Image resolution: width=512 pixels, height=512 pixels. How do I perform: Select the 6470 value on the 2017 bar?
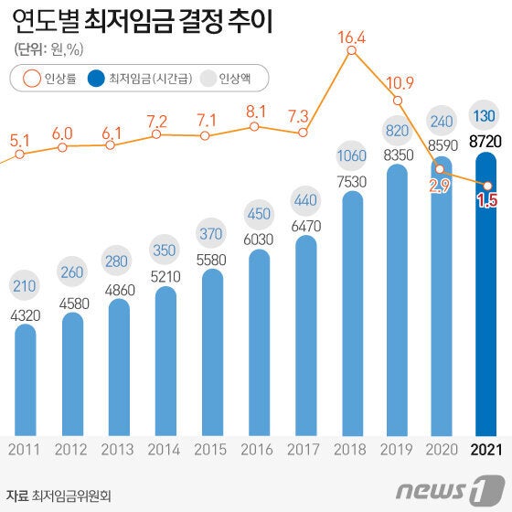(x=305, y=223)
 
